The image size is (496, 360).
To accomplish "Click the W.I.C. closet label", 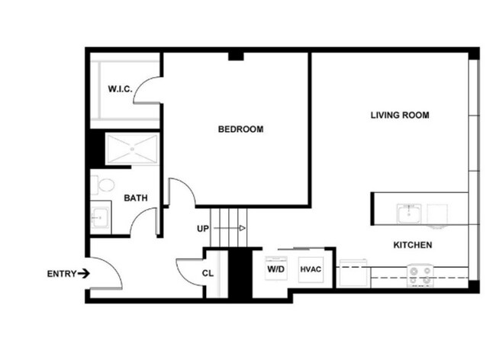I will pos(120,89).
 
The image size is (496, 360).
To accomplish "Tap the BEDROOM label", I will pos(240,129).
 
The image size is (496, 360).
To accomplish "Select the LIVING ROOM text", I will pos(400,116).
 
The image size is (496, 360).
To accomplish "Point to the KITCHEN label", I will pos(413,245).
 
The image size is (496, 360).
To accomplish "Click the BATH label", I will pos(136,198).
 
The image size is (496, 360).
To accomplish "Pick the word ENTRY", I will pos(61,274).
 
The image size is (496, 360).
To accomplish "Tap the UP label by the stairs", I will pos(203,228).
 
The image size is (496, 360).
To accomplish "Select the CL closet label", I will pos(208,273).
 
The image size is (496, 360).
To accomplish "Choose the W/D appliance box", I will pos(275,269).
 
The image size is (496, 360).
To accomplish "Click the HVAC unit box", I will pos(310,269).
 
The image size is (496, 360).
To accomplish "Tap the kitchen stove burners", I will pos(418,274).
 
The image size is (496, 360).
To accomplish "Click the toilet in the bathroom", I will pos(101,185).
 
